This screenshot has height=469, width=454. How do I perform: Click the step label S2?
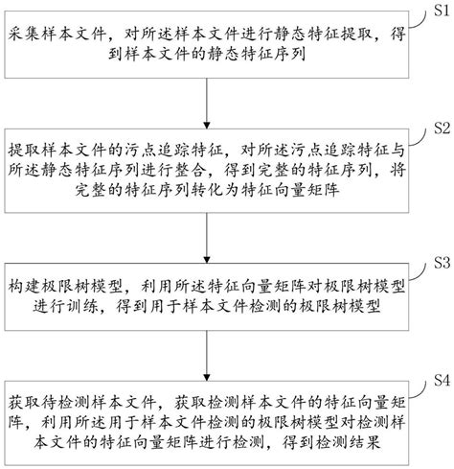pyautogui.click(x=439, y=128)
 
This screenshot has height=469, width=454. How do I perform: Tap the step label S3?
pyautogui.click(x=439, y=260)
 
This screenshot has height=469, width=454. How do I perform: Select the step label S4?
pyautogui.click(x=439, y=379)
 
